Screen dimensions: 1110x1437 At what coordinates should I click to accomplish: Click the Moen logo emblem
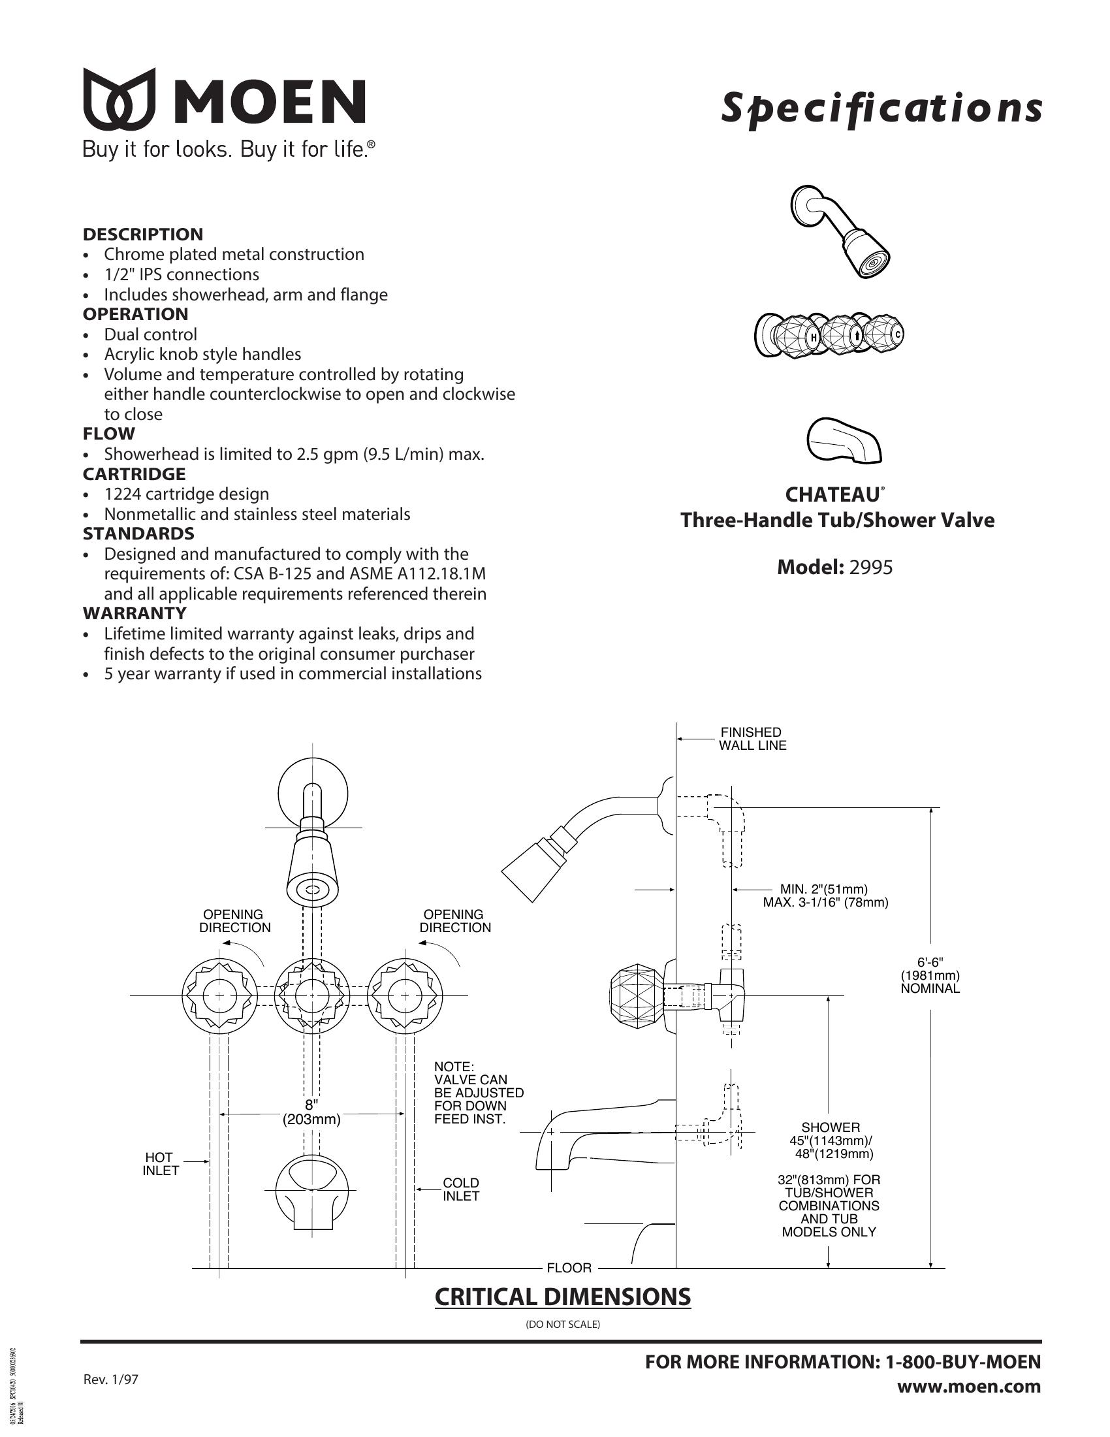(x=119, y=99)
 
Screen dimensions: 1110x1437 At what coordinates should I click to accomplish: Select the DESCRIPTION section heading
(x=143, y=234)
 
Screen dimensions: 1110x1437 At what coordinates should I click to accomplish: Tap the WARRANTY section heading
(x=135, y=613)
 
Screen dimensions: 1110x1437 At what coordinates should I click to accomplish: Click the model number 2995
(x=870, y=567)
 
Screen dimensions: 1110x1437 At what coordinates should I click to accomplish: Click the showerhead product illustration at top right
(x=840, y=232)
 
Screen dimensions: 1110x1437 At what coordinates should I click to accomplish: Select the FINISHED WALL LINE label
(x=752, y=739)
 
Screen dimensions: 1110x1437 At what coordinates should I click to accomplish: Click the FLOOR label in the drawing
(x=569, y=1268)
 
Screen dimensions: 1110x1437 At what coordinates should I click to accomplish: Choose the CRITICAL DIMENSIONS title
(x=563, y=1297)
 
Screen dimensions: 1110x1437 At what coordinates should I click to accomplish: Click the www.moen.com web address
(x=969, y=1386)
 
